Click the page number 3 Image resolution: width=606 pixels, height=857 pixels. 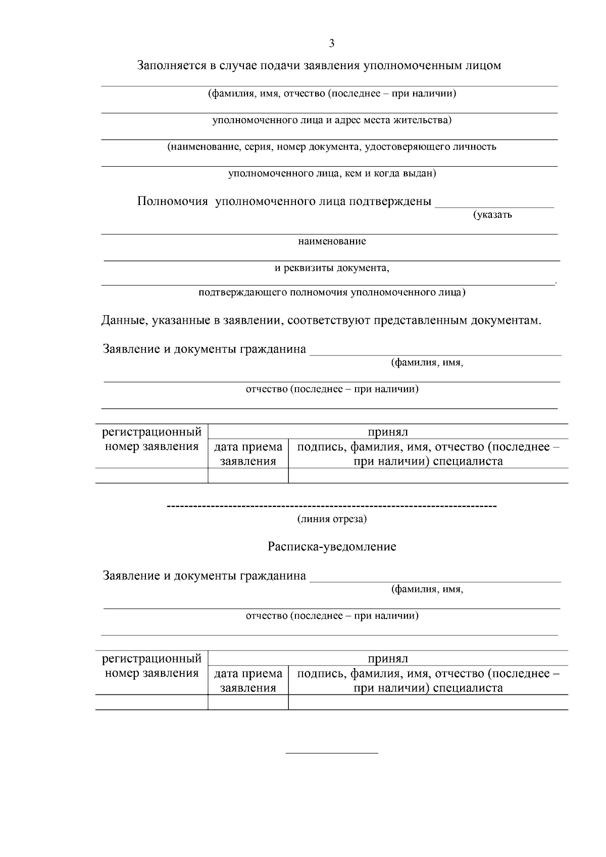tap(332, 43)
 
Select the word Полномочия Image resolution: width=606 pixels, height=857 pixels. tap(173, 201)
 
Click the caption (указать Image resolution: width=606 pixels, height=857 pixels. tap(492, 215)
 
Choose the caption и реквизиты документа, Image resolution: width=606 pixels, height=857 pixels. tap(332, 268)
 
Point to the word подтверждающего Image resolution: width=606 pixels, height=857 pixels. tap(236, 292)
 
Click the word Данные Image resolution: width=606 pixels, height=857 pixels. tap(123, 321)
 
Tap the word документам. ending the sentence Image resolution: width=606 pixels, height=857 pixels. tap(506, 321)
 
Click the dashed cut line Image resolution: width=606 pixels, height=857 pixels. tap(332, 506)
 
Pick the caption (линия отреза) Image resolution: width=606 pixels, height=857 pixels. tap(332, 519)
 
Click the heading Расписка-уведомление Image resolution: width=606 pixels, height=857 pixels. tap(332, 546)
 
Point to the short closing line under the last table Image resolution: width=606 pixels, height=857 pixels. tap(332, 753)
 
